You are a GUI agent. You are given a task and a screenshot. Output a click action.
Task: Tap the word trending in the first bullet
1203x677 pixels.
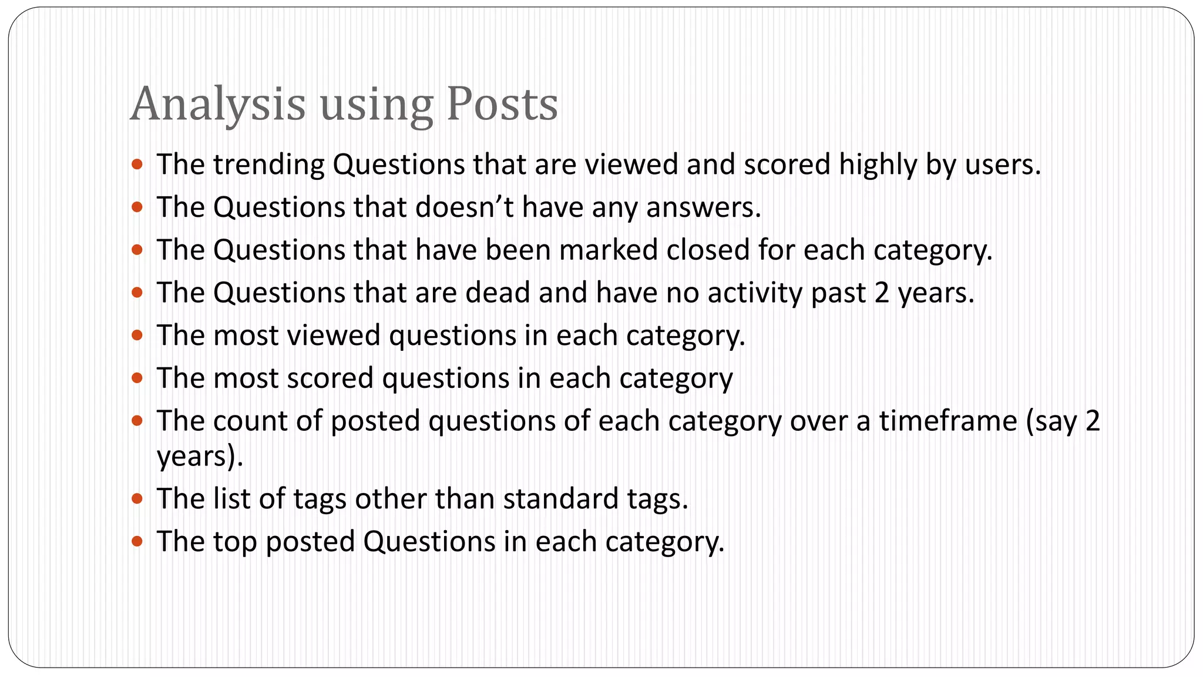(x=269, y=165)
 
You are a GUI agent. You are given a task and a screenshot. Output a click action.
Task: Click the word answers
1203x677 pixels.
(x=704, y=207)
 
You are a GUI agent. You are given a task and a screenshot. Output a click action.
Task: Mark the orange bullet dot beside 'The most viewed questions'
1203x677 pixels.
(x=137, y=336)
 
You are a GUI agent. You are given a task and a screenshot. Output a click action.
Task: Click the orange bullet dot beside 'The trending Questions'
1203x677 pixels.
(x=137, y=165)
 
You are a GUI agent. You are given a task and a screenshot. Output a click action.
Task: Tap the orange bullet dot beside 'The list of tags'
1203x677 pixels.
(x=137, y=499)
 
